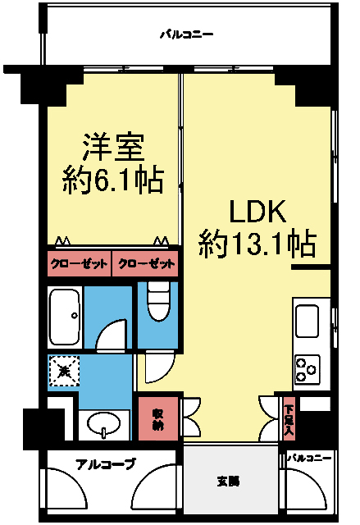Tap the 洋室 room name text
point(113,147)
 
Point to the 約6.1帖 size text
point(113,178)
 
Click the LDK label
point(256,212)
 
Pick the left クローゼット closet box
point(78,264)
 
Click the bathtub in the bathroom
point(65,316)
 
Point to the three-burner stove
point(308,367)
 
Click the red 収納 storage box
point(157,419)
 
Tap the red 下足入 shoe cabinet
point(289,418)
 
